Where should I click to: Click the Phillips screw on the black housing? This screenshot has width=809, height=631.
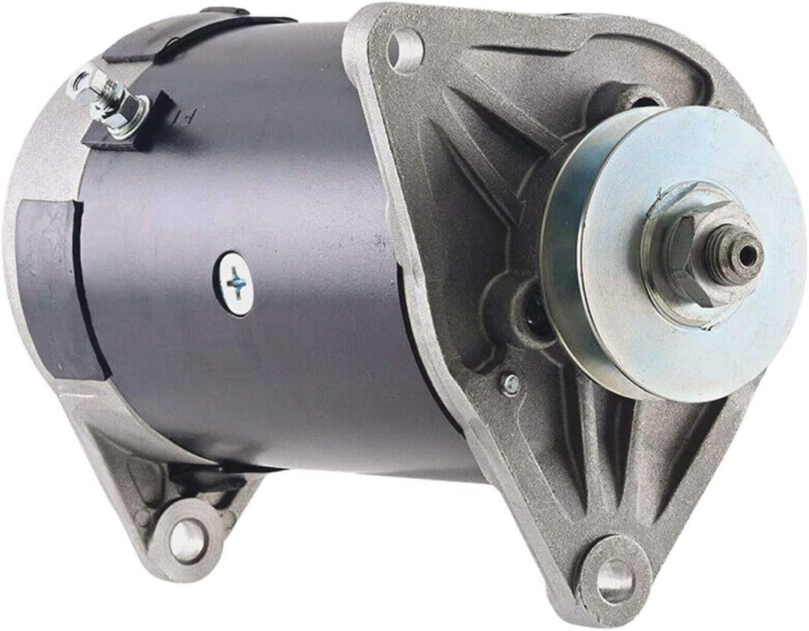tap(237, 283)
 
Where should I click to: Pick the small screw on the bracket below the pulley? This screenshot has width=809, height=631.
tap(512, 384)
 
